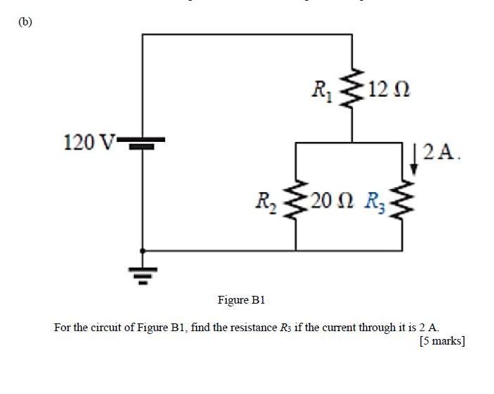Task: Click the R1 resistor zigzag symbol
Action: pos(352,90)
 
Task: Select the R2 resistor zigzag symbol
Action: pos(295,200)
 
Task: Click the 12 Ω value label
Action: pos(387,90)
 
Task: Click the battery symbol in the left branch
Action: pos(143,143)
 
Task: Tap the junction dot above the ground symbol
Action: pos(143,251)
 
